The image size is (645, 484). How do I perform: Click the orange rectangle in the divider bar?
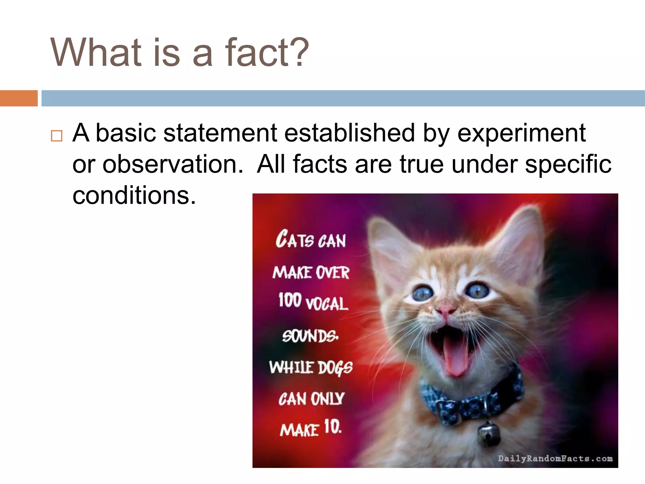(x=19, y=98)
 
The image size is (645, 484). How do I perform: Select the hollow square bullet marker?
(x=57, y=136)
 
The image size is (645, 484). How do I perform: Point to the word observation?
(x=173, y=164)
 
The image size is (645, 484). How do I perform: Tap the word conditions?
(x=134, y=195)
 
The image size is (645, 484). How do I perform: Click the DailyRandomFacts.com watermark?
(x=555, y=458)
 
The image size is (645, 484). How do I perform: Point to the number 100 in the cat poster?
(x=290, y=300)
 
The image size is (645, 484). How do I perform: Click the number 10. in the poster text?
(x=333, y=427)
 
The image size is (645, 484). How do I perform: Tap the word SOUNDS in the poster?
(x=310, y=336)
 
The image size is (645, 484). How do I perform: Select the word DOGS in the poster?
(x=335, y=368)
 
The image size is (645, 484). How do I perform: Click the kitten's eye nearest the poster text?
(x=423, y=294)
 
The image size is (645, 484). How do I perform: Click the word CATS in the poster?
(x=295, y=239)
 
